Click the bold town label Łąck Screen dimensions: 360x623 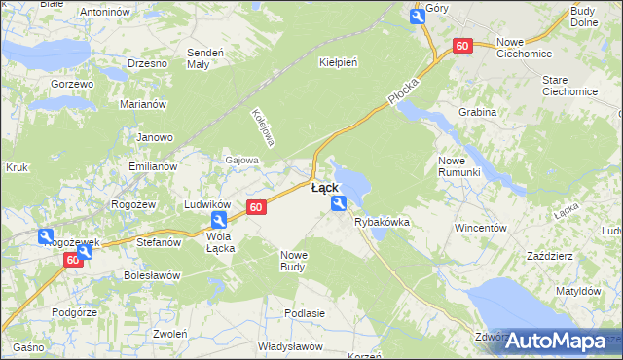325,188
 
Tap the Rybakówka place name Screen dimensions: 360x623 382,223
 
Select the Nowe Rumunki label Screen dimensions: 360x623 459,165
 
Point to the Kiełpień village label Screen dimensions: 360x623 339,62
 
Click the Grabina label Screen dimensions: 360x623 477,112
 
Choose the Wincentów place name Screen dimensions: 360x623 482,228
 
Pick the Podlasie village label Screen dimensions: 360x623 304,313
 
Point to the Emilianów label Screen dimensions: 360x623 153,166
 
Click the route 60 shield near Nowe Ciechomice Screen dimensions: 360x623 462,46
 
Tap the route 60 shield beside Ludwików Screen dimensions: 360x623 256,207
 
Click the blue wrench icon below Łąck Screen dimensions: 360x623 339,203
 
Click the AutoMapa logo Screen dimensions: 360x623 554,341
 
